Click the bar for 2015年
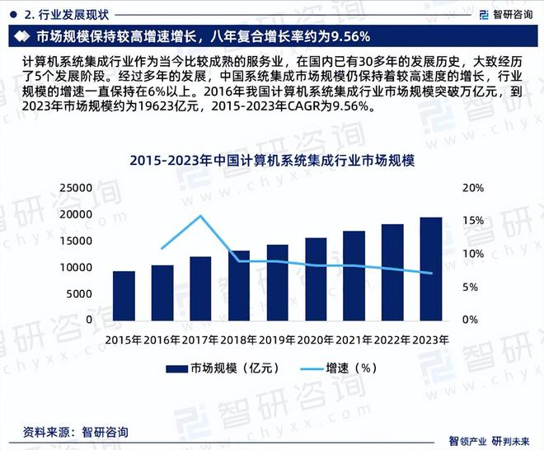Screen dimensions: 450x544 click(x=124, y=295)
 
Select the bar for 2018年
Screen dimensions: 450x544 click(x=239, y=285)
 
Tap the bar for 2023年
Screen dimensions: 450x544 click(x=430, y=268)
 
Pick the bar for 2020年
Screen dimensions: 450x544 click(x=316, y=279)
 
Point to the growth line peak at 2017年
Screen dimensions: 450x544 click(x=200, y=216)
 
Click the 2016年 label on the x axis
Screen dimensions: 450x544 click(x=162, y=339)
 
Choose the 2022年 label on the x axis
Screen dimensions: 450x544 click(x=392, y=339)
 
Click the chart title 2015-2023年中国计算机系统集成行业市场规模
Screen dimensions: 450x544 click(x=271, y=162)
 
